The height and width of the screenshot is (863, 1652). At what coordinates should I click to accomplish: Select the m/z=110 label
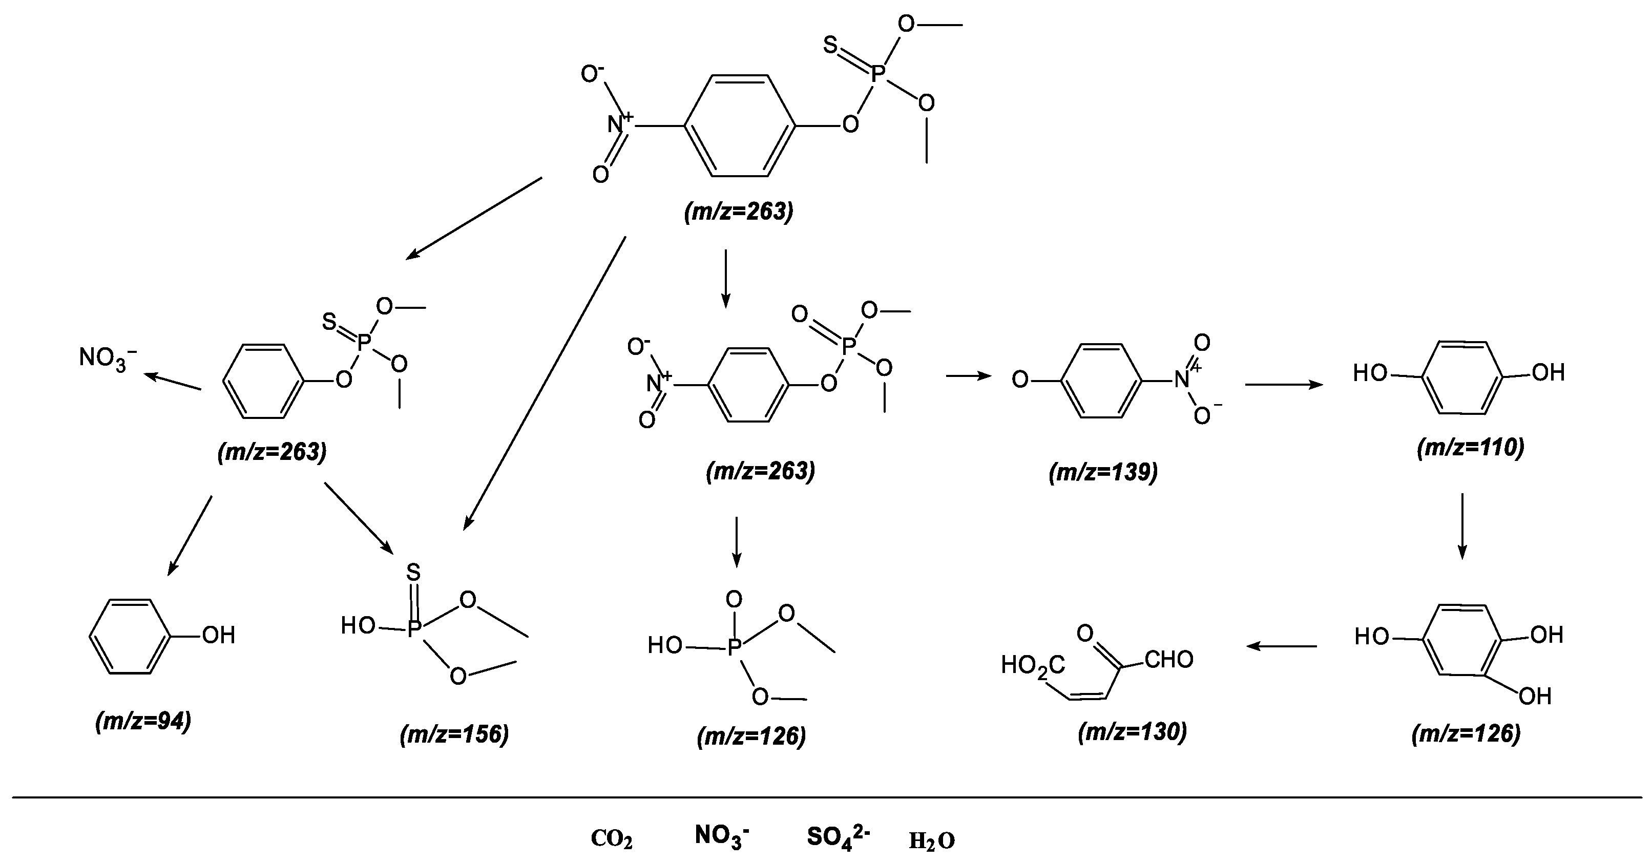(1470, 447)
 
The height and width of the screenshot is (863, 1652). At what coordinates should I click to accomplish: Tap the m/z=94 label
(143, 721)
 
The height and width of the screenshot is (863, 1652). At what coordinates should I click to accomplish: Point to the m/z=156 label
(454, 734)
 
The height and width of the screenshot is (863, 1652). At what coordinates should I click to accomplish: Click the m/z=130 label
(1133, 731)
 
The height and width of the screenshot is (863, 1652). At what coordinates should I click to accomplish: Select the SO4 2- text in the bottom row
(838, 837)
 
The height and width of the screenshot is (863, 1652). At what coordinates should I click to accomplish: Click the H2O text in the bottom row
(932, 840)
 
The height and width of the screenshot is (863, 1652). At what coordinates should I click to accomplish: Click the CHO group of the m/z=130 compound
(1168, 660)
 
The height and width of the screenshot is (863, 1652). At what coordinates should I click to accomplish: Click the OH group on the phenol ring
(219, 636)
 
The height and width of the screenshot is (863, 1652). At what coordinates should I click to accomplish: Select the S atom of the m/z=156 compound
(414, 572)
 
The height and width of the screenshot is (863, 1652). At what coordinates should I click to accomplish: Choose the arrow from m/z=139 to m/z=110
(1284, 385)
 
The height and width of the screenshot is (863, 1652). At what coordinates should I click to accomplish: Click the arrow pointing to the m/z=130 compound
(1281, 646)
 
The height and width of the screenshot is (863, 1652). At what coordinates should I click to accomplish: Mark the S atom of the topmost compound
(830, 45)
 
